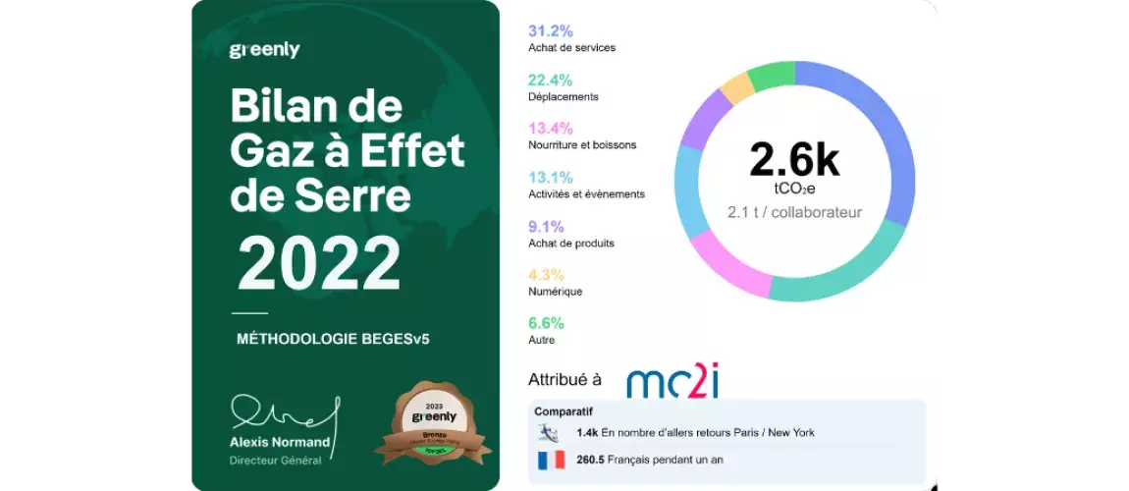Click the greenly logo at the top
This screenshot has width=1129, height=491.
[x=264, y=50]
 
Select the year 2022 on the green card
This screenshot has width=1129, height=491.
[x=319, y=264]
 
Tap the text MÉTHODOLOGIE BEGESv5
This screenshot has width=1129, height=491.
[x=334, y=339]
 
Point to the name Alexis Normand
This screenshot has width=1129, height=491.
[x=280, y=442]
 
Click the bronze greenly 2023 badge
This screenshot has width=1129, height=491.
[x=433, y=423]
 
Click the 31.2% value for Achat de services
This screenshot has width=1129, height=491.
[x=551, y=31]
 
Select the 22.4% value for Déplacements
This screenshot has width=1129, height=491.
[x=551, y=80]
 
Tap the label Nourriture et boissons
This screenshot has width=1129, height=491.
[x=582, y=144]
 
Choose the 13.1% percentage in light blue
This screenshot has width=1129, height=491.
[x=551, y=177]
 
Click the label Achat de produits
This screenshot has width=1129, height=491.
[x=571, y=243]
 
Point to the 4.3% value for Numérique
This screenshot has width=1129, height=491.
[x=547, y=274]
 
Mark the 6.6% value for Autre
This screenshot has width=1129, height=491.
[x=547, y=322]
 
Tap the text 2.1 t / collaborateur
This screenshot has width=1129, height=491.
[x=794, y=212]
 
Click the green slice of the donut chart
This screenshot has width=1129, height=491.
[x=771, y=74]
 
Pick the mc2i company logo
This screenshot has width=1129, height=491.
[x=672, y=380]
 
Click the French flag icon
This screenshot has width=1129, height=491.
[x=550, y=459]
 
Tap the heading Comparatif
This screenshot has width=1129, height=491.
[x=564, y=411]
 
